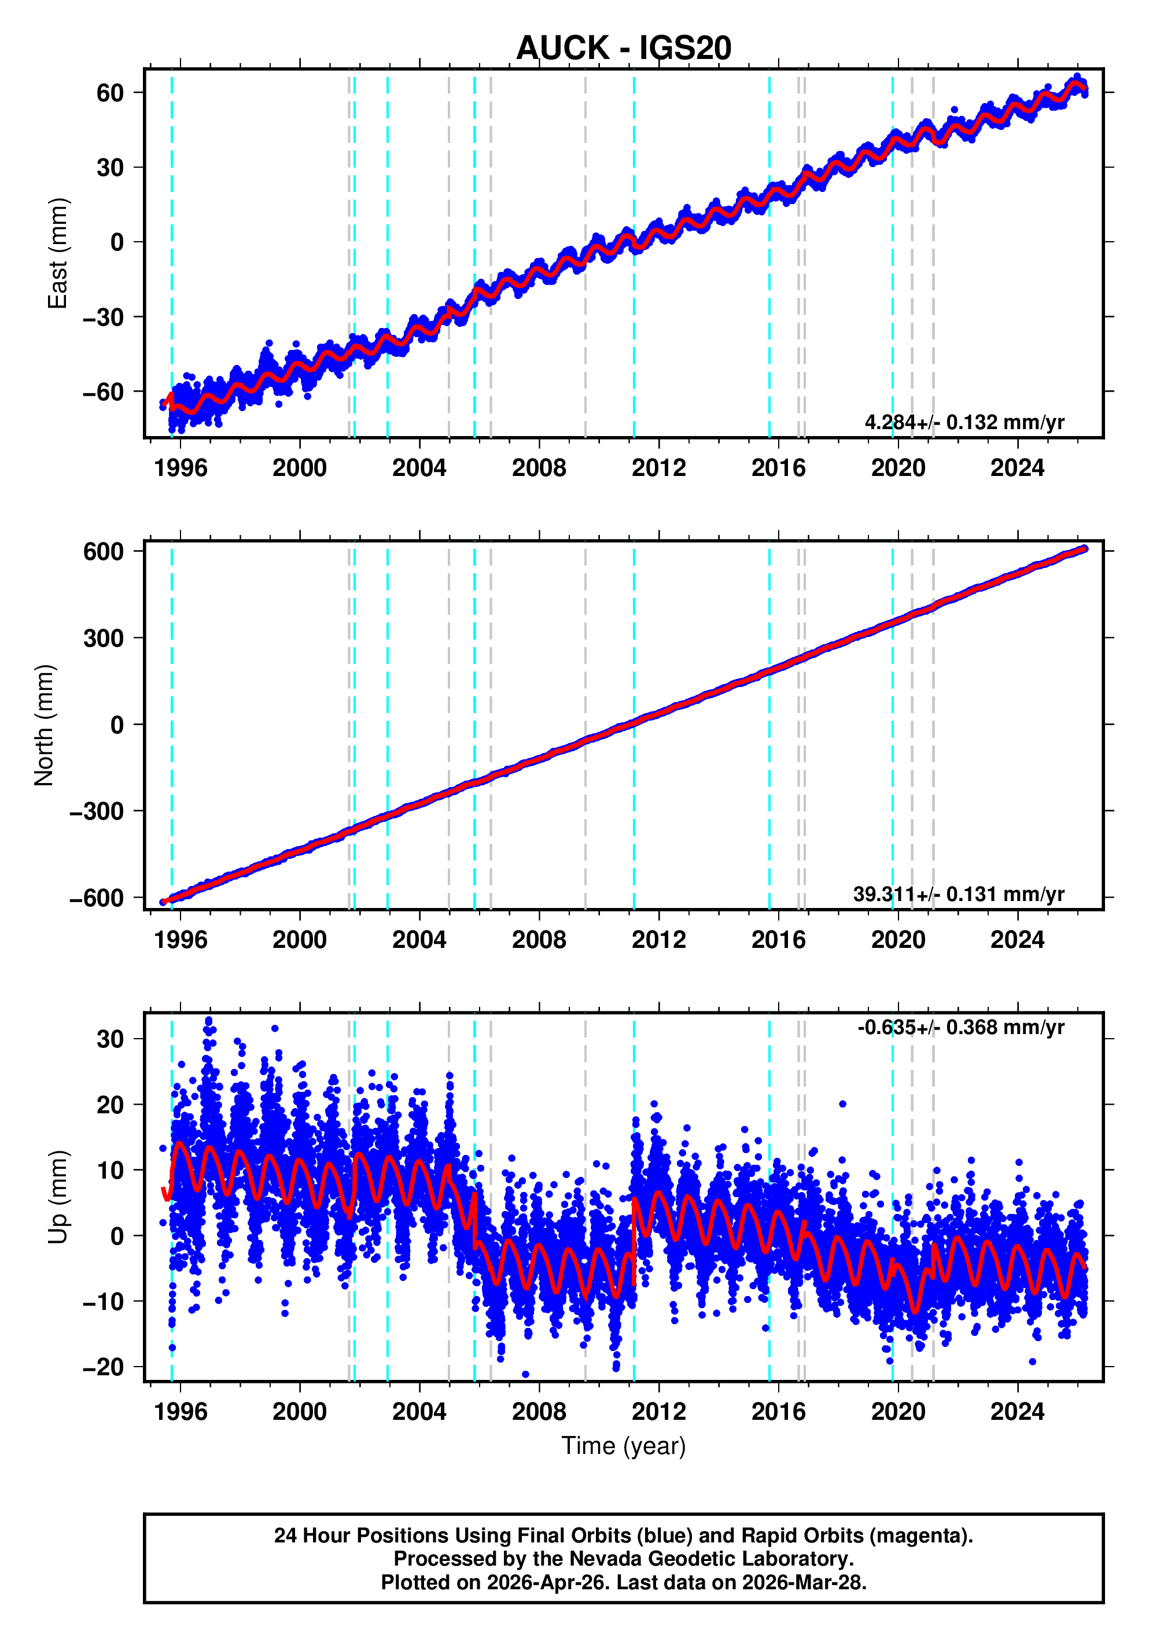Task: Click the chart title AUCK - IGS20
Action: pyautogui.click(x=624, y=48)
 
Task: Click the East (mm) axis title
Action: pyautogui.click(x=57, y=253)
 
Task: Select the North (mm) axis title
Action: pyautogui.click(x=45, y=725)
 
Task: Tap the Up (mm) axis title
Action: pyautogui.click(x=57, y=1197)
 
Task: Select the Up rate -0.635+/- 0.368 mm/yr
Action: pyautogui.click(x=960, y=1027)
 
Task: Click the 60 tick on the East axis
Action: pyautogui.click(x=110, y=93)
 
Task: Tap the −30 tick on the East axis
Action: pyautogui.click(x=103, y=317)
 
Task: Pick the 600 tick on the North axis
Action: pyautogui.click(x=103, y=551)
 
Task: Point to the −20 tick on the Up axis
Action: pyautogui.click(x=103, y=1367)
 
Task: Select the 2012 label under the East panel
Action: pyautogui.click(x=658, y=468)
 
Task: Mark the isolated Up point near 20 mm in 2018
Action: pyautogui.click(x=842, y=1103)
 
